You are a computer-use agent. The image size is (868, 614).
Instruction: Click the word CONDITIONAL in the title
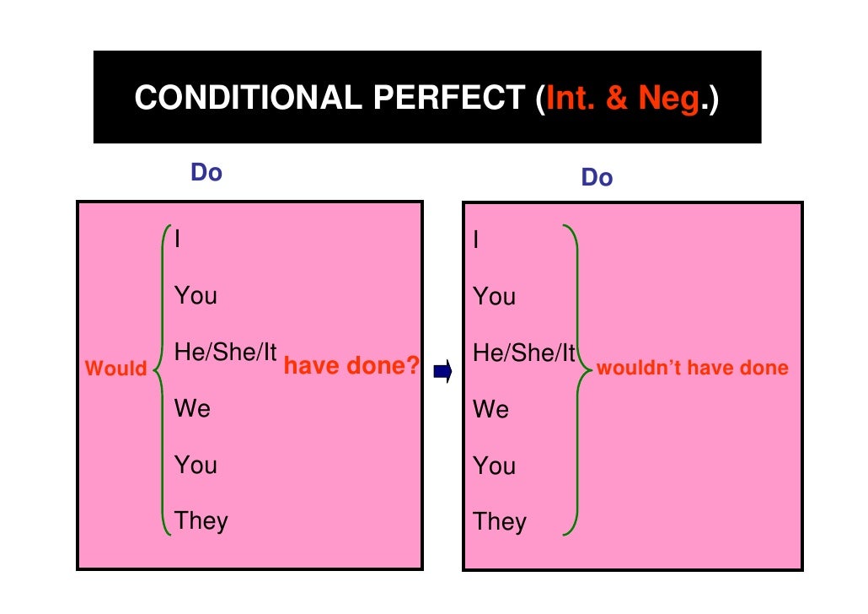pos(246,99)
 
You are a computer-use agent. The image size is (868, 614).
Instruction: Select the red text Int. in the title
pos(572,99)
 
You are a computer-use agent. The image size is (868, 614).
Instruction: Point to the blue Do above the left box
pos(206,173)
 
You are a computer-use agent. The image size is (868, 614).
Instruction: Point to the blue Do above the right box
pos(597,178)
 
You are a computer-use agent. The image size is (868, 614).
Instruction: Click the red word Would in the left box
pos(116,369)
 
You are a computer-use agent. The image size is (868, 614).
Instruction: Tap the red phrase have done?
pos(351,366)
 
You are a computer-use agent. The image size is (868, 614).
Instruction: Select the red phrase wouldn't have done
pos(692,368)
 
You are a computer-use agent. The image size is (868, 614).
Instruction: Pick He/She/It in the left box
pos(225,353)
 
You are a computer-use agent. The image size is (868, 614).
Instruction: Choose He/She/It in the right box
pos(524,353)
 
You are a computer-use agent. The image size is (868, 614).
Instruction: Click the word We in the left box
pos(192,409)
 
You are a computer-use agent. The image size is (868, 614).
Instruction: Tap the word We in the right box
pos(491,410)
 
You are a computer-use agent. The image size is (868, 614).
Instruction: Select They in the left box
pos(201,520)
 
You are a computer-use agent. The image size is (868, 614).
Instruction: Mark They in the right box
pos(500,521)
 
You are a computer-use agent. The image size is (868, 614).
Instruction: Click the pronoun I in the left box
pos(177,240)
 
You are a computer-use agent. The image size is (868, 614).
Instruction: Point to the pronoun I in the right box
pos(477,241)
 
